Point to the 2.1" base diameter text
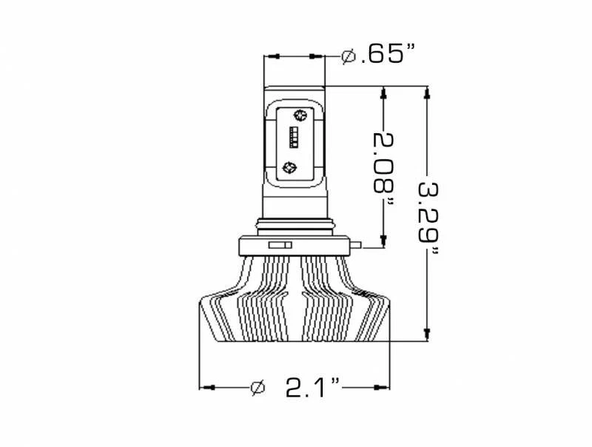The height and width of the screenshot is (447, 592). point(312,387)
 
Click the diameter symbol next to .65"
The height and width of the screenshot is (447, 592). point(349,56)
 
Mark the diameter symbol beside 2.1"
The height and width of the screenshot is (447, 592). point(258,387)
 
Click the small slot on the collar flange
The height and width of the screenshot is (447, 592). point(278,243)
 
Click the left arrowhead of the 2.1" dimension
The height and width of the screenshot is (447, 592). point(208,387)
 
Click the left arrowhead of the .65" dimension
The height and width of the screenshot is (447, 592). point(272,56)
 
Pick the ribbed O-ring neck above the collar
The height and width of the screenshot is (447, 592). point(294,224)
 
